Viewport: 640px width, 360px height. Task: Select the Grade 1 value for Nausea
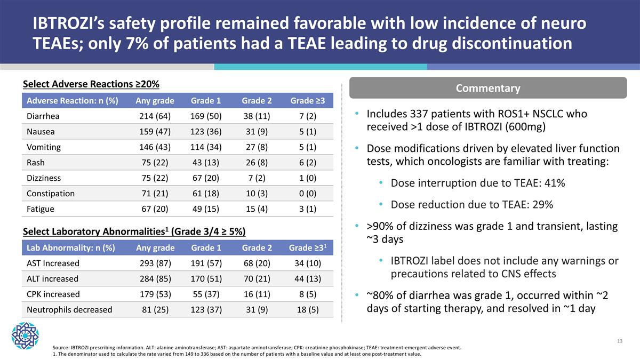coord(206,132)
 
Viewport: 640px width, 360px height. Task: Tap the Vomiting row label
coord(43,147)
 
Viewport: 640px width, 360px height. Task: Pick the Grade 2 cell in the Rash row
coord(257,163)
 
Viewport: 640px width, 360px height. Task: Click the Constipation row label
coord(51,194)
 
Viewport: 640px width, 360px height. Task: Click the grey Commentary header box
coord(487,88)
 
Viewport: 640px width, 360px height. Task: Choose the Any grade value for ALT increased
coord(155,278)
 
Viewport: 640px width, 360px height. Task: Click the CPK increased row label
coord(53,294)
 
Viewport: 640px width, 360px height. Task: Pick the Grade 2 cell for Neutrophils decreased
coord(257,309)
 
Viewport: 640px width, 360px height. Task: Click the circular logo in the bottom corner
coord(25,335)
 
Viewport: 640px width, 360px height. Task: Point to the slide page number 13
coord(619,341)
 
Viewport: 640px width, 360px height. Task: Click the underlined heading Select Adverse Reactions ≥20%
coord(91,84)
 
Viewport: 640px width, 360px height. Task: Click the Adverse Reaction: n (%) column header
coord(72,101)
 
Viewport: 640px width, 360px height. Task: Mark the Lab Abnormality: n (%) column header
coord(70,247)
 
